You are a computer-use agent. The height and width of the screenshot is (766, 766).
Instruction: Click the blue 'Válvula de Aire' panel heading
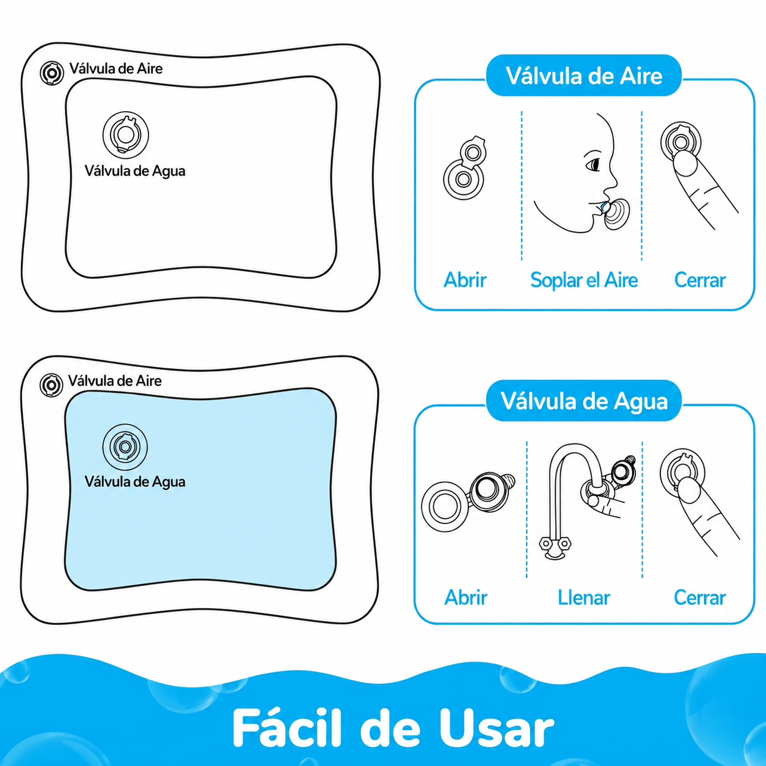[584, 76]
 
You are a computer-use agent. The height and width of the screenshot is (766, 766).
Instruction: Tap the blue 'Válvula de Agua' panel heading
[584, 401]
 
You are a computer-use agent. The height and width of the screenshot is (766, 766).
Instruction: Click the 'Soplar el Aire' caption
[584, 280]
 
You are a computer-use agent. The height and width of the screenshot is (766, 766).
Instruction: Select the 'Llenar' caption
[583, 597]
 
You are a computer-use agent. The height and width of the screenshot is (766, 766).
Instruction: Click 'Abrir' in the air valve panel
[465, 280]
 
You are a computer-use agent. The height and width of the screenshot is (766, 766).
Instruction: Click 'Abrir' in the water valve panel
[465, 597]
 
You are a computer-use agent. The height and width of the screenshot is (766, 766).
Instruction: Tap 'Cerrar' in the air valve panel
[699, 280]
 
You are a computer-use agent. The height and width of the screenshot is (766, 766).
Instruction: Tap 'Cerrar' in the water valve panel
[699, 597]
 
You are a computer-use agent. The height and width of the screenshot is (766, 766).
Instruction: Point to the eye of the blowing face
[594, 164]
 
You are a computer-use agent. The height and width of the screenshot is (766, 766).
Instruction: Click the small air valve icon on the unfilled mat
[52, 73]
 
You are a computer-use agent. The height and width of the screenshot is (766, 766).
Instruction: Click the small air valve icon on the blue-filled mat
[51, 385]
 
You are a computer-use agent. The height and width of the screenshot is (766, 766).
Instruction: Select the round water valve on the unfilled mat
[126, 134]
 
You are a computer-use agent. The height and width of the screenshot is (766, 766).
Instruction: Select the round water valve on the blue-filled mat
[125, 447]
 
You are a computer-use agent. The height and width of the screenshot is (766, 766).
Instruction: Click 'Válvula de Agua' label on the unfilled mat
[135, 171]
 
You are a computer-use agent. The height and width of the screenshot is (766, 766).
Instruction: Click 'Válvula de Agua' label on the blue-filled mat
[135, 481]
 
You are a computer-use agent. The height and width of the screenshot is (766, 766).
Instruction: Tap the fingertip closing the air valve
[685, 162]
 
